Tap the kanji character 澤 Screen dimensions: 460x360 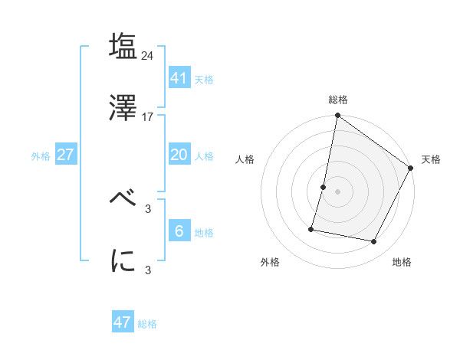[x=123, y=108]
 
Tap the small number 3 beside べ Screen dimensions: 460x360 [x=149, y=208]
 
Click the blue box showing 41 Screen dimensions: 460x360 [x=179, y=77]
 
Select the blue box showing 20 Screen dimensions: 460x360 [x=179, y=155]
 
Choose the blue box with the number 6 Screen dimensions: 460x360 [x=179, y=231]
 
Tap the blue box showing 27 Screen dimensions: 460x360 [x=65, y=155]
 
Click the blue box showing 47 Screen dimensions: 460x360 [x=123, y=322]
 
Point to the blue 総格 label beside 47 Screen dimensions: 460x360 [x=147, y=324]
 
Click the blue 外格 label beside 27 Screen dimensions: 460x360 [x=41, y=156]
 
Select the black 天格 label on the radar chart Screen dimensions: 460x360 [x=431, y=159]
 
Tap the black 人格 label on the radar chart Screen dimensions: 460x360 [x=245, y=159]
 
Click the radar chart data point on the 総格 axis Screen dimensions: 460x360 [x=337, y=116]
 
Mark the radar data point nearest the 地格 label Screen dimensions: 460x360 [x=374, y=242]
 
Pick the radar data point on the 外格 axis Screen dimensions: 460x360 [x=312, y=228]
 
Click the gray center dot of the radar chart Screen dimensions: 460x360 [x=337, y=191]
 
